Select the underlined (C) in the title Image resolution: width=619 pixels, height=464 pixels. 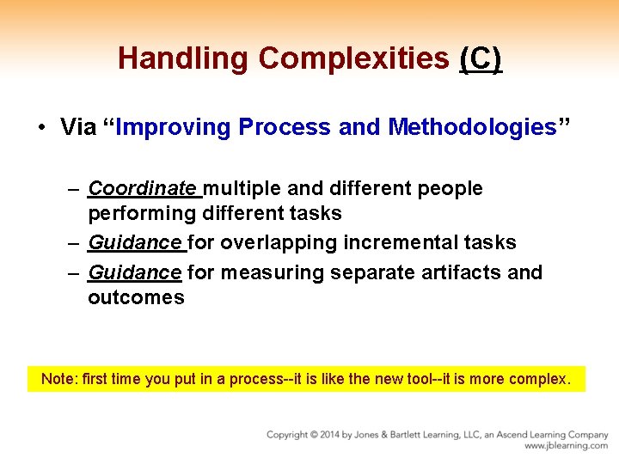[481, 58]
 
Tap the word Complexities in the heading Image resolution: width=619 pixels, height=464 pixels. [353, 58]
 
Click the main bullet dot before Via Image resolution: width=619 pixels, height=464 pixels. [41, 128]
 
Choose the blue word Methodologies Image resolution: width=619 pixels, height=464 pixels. [472, 128]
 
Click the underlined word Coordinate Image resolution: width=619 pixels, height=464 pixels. [142, 188]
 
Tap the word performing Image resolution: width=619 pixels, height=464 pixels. [142, 213]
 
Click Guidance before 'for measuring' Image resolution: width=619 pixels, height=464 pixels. [135, 272]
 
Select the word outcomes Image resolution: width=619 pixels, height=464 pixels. [136, 297]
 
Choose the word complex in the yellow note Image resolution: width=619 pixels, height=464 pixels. [539, 379]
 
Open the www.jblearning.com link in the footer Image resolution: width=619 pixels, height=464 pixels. [566, 446]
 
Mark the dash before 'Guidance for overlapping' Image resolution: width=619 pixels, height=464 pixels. [75, 243]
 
